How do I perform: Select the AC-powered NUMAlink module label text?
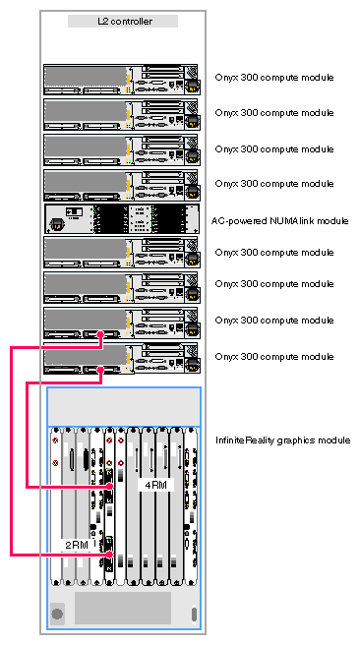click(279, 221)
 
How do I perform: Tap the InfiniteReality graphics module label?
click(283, 440)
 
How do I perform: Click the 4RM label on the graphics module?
click(155, 485)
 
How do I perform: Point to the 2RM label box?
click(77, 546)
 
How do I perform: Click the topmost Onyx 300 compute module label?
click(274, 78)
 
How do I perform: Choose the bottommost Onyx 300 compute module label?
click(274, 356)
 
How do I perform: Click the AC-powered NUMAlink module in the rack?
click(122, 219)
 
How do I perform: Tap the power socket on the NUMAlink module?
click(55, 224)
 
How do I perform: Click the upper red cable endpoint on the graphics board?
click(109, 487)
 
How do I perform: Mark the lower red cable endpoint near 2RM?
click(109, 555)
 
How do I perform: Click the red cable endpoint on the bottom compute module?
click(100, 369)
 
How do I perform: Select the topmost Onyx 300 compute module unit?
click(122, 80)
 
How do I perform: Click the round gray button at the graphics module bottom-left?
click(57, 615)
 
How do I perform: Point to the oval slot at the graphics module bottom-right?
click(194, 615)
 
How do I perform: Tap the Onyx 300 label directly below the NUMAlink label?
click(274, 252)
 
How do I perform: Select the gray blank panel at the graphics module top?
click(124, 407)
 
